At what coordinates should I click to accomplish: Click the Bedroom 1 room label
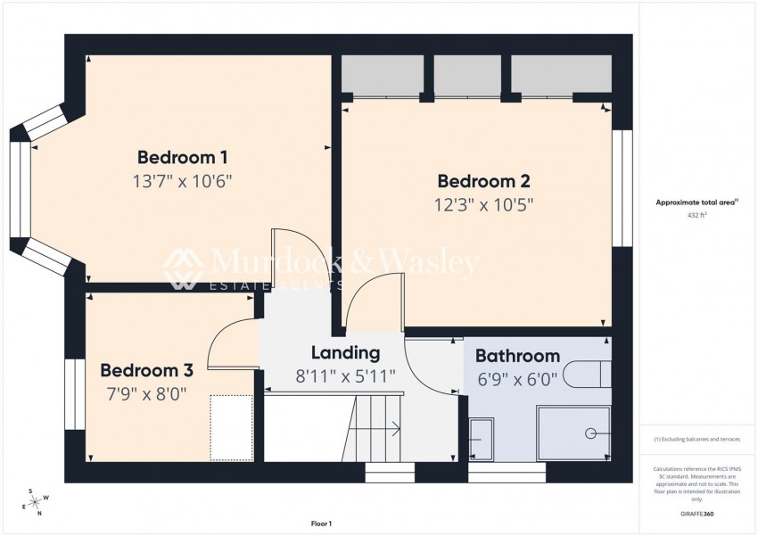[182, 158]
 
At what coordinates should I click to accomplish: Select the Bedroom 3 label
[146, 370]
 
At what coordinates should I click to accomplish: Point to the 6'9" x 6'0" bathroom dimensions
[517, 378]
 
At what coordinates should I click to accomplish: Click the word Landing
[345, 353]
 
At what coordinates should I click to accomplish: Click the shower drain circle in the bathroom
[590, 433]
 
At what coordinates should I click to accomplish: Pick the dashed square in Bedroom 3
[232, 428]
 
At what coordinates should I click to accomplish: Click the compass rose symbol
[35, 503]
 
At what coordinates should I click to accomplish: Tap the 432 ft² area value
[696, 215]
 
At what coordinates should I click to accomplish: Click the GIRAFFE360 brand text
[696, 514]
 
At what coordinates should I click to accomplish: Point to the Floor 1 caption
[320, 524]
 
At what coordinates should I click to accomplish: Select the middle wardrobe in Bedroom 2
[467, 76]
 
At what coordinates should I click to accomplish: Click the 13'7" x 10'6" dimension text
[182, 181]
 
